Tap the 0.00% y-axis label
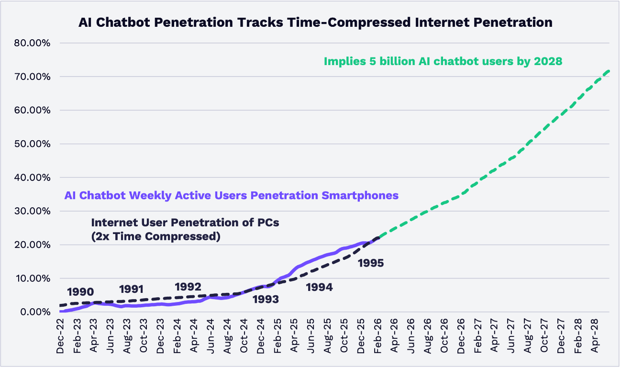coord(33,312)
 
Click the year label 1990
coord(80,291)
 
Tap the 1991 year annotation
coord(132,289)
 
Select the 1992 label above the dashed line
coord(188,287)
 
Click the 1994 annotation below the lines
coord(319,288)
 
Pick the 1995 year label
coord(370,263)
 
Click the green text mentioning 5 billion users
coord(443,61)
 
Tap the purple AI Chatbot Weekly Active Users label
coord(231,195)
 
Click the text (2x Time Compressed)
coord(155,236)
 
